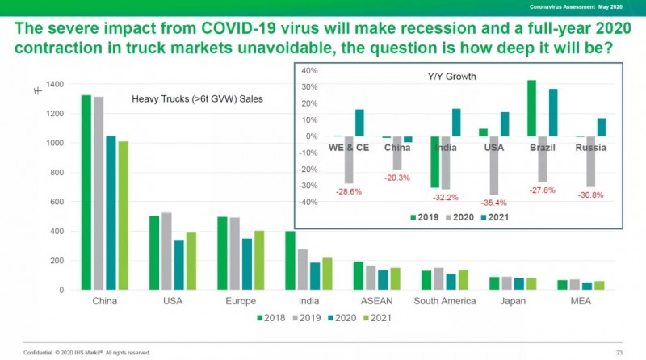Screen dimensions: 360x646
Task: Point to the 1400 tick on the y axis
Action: (x=56, y=84)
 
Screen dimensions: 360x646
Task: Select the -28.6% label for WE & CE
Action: (x=349, y=192)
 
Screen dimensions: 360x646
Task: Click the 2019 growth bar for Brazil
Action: (x=532, y=108)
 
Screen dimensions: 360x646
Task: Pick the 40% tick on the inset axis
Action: (x=310, y=70)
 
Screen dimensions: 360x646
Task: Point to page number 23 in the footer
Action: (x=619, y=352)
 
